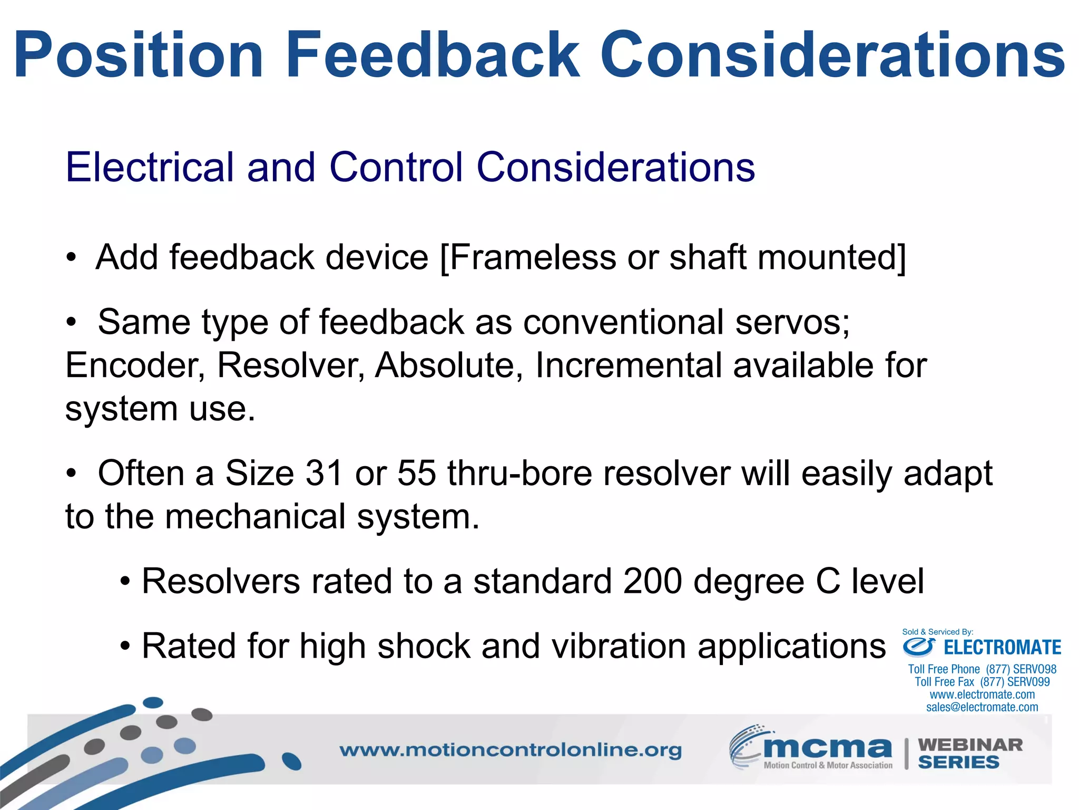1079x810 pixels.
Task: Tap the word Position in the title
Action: (x=138, y=55)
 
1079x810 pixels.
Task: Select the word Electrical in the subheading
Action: (x=149, y=167)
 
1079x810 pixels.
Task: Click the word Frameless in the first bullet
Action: (x=533, y=257)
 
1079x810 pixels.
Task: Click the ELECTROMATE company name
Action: (x=1002, y=648)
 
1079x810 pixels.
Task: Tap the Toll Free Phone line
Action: (x=982, y=669)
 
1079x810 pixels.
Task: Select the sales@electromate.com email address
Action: (x=982, y=707)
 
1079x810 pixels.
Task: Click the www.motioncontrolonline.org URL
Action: (x=510, y=750)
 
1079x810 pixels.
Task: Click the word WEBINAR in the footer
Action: (x=970, y=745)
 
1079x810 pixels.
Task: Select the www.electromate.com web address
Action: (x=982, y=695)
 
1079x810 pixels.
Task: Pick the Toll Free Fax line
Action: (x=982, y=682)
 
